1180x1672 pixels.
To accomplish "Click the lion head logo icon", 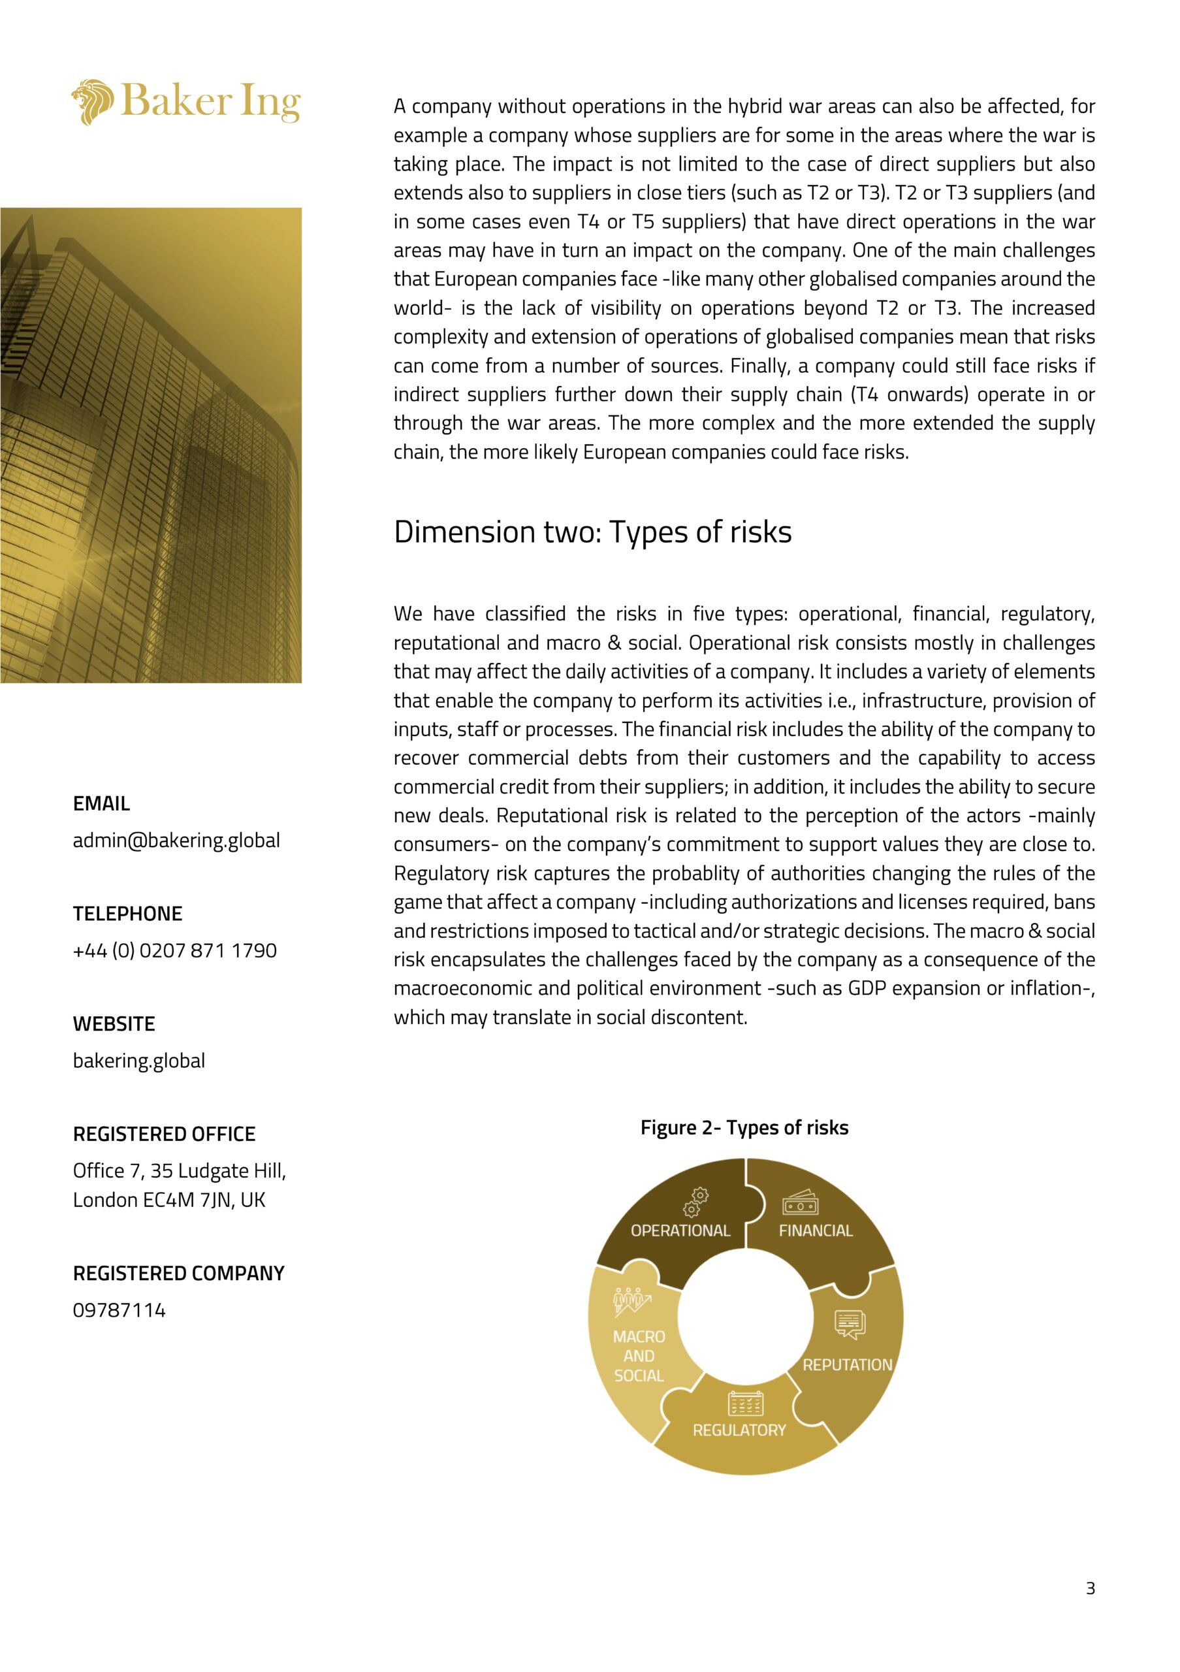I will point(93,101).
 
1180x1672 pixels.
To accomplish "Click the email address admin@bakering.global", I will point(176,841).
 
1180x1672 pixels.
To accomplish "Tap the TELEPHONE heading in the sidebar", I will point(127,914).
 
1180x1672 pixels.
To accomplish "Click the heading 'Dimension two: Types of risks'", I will point(592,532).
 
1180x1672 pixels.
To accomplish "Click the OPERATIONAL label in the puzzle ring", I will point(680,1230).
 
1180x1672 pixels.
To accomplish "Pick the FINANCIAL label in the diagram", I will point(816,1230).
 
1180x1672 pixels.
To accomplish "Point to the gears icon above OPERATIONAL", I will point(695,1202).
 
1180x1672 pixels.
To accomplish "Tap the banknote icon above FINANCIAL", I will point(800,1202).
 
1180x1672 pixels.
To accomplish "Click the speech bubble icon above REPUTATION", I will point(850,1325).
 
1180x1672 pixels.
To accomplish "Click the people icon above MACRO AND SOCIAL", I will point(630,1301).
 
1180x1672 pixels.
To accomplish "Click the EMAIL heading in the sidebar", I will point(101,804).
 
